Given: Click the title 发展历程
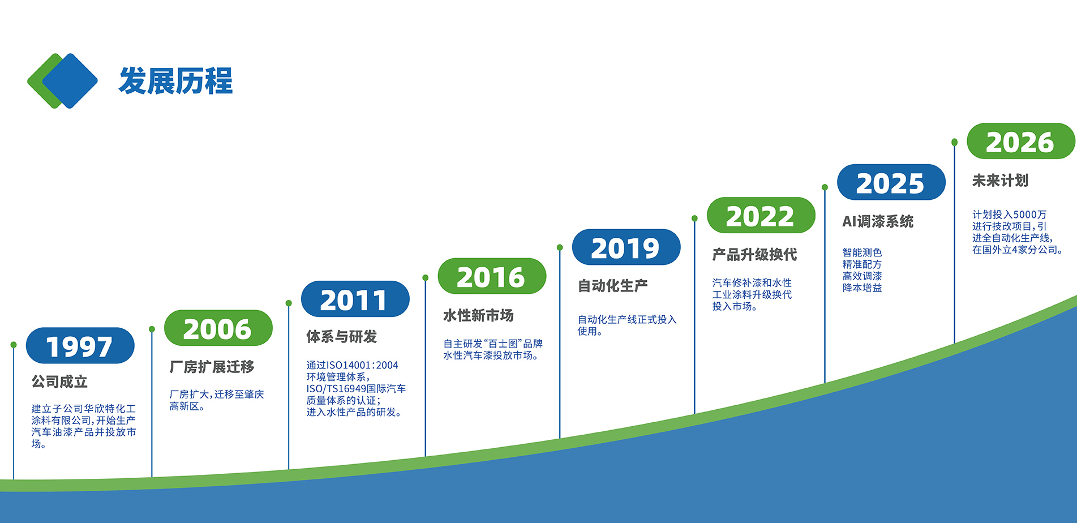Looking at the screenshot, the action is point(175,81).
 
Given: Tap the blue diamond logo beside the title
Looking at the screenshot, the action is point(70,81).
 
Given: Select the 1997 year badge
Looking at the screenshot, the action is point(80,346).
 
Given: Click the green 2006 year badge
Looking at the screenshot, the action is point(218,328).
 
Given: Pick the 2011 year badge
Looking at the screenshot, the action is point(355,299).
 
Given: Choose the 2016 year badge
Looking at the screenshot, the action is point(492,276).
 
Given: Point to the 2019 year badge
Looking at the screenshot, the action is point(626,247).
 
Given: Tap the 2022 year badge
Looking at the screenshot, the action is point(761,216).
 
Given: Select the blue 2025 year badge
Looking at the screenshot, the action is point(891,182).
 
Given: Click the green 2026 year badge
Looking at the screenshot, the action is point(1020,142).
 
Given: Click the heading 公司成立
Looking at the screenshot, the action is point(59,382).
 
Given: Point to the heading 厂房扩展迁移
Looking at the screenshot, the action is point(212,367).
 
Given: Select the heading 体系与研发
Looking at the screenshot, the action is point(341,337).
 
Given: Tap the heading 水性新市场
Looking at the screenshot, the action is point(478,315).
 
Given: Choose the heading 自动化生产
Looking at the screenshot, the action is point(612,286).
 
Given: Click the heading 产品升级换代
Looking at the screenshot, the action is point(754,255).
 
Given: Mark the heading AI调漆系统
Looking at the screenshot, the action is point(878,221).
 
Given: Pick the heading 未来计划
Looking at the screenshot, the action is point(1000,181).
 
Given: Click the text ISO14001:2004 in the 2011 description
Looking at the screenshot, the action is point(362,365).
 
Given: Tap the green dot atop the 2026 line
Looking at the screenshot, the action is point(954,142).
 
